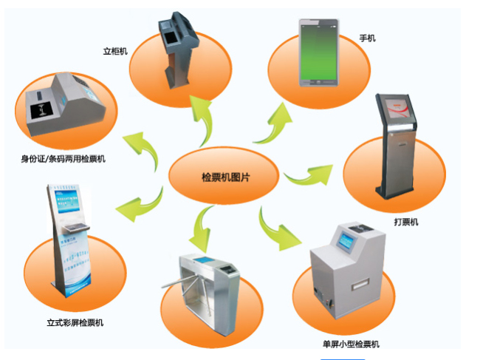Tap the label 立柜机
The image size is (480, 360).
(x=115, y=52)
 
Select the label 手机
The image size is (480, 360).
(x=367, y=37)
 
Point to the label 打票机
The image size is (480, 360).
(x=406, y=221)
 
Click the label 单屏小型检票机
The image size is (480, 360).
(x=352, y=344)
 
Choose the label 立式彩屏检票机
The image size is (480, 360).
(x=75, y=322)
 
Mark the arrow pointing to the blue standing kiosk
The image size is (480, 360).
(x=140, y=204)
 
